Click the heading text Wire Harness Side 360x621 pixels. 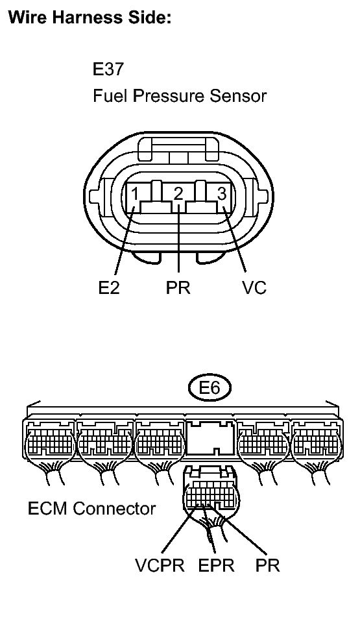[x=89, y=19]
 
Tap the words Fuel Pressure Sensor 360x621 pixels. [x=179, y=97]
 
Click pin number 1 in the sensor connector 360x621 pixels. [x=134, y=193]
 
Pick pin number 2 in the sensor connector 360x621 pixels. [x=178, y=193]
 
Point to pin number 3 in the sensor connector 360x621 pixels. [x=221, y=193]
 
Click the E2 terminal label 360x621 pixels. [x=108, y=288]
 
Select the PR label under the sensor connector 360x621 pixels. [x=178, y=288]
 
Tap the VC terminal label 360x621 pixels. [x=254, y=288]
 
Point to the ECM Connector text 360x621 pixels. [x=91, y=508]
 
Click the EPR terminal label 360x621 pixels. [x=217, y=565]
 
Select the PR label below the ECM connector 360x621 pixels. [x=267, y=565]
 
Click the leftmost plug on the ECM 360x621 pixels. [x=49, y=444]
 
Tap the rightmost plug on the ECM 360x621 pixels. [x=316, y=444]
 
